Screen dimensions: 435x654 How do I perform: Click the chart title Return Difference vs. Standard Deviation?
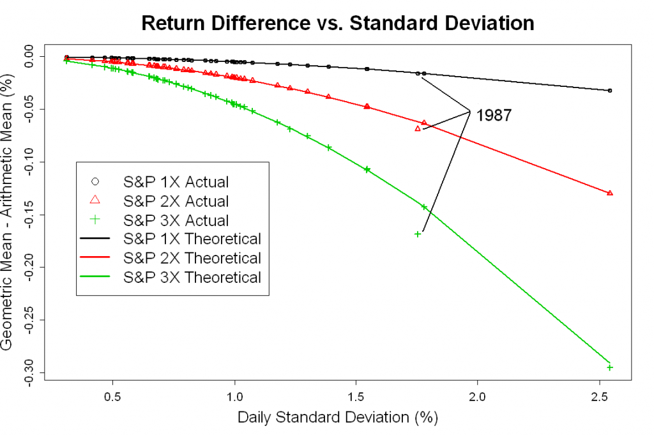point(337,23)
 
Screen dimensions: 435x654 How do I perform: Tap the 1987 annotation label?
point(494,115)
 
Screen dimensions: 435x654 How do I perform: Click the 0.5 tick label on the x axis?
point(113,395)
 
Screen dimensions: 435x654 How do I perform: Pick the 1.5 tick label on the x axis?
point(356,395)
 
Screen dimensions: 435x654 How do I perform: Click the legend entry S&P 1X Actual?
point(176,182)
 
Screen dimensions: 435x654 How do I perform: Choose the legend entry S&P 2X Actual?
point(176,201)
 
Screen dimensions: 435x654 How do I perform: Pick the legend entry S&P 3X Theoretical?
point(192,277)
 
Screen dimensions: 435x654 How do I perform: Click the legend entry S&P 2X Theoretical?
point(192,258)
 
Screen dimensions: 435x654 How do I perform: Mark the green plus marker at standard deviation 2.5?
point(610,367)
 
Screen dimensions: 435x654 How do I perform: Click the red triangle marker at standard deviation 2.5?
point(610,193)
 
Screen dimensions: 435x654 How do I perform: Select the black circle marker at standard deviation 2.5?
point(610,91)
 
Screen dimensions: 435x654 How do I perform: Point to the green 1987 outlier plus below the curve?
point(418,234)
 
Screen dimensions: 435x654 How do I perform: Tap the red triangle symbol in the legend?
point(95,201)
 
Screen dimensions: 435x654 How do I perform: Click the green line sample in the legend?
point(95,277)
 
